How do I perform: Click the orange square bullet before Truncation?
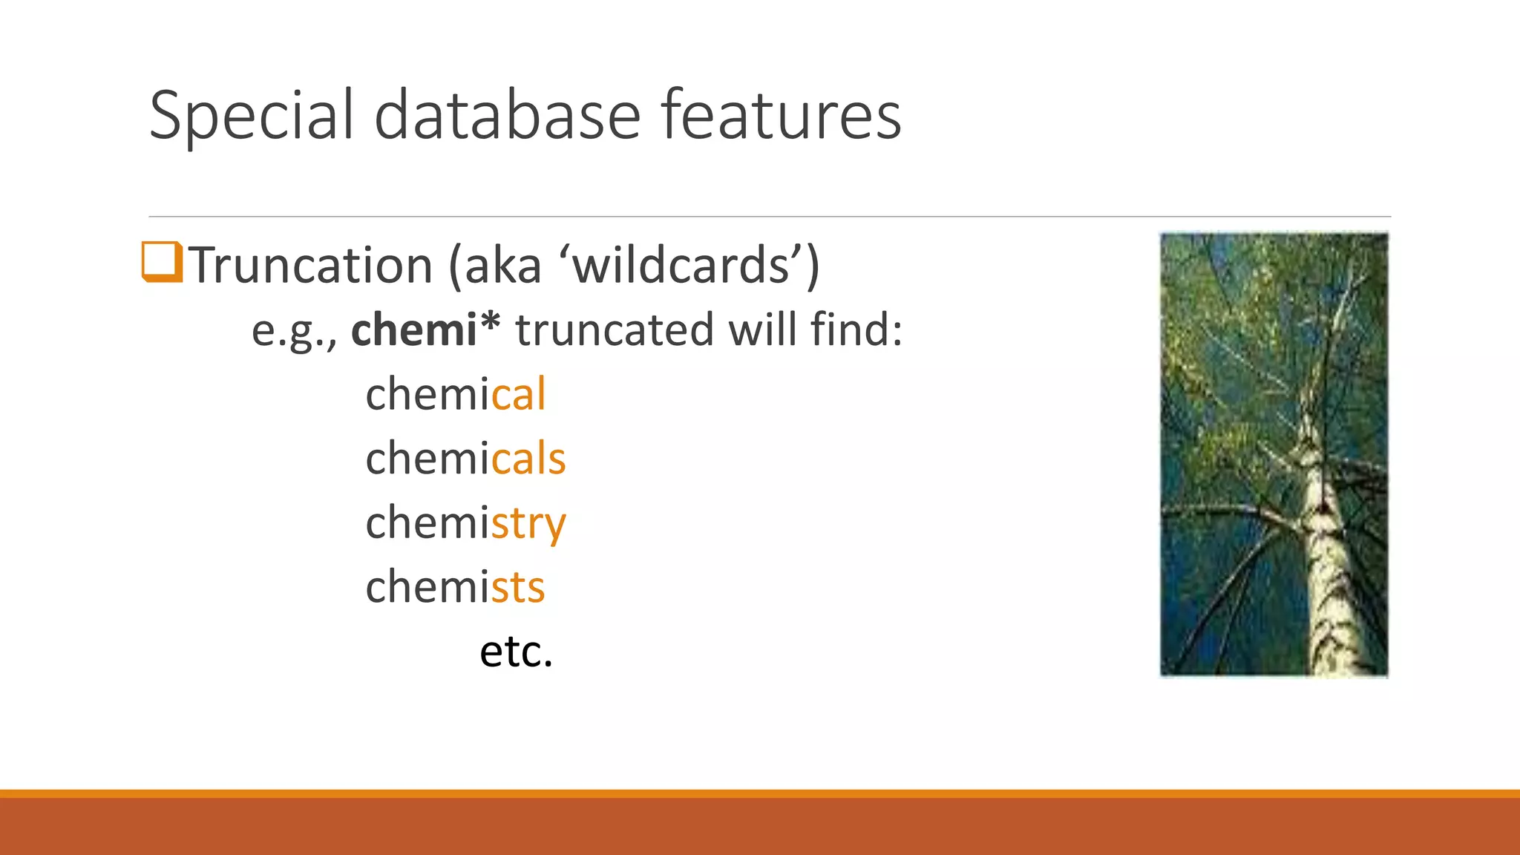click(x=161, y=262)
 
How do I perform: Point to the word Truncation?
click(x=310, y=266)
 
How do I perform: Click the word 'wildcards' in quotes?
click(x=681, y=266)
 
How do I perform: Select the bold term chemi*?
click(x=425, y=330)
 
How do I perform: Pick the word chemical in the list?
click(x=455, y=394)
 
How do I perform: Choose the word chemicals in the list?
click(x=465, y=458)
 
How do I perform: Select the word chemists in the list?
click(x=455, y=587)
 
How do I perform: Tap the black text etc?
click(x=516, y=652)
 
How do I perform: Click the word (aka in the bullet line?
click(x=495, y=266)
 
